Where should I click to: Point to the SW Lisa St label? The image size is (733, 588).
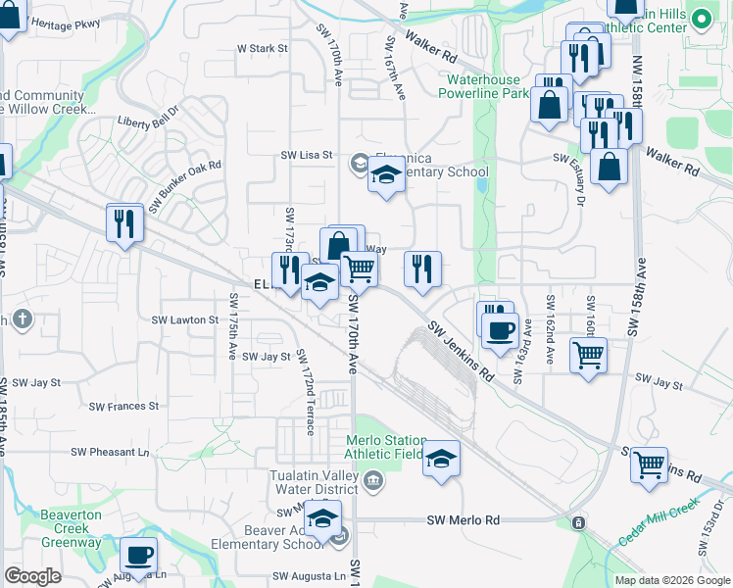307,155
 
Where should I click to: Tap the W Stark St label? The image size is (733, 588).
263,47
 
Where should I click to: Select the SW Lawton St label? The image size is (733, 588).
184,319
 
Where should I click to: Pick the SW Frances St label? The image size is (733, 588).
123,406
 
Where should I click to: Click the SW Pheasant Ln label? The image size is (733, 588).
110,452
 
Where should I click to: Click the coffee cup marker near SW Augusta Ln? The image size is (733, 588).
138,556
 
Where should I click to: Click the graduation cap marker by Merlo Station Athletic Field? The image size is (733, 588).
441,459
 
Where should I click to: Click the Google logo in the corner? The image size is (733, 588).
32,576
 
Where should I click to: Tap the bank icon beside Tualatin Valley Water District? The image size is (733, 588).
373,479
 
